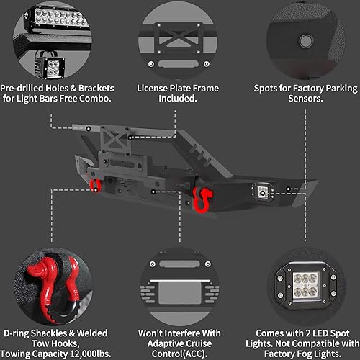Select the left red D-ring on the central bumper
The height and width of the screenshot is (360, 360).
pos(94,186)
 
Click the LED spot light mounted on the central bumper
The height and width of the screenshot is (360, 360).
pos(260,191)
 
